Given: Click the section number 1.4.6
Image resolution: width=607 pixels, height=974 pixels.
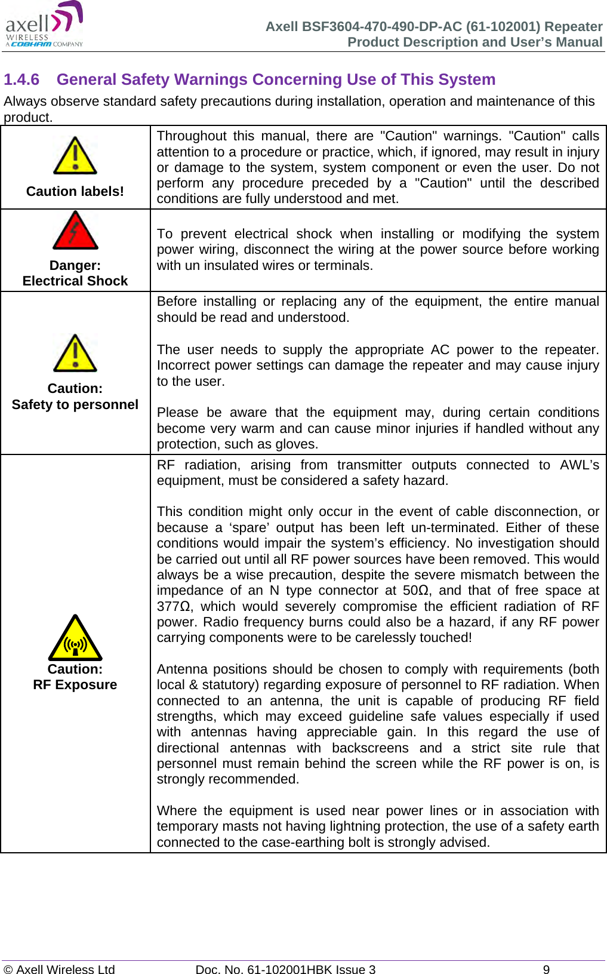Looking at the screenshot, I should (x=21, y=79).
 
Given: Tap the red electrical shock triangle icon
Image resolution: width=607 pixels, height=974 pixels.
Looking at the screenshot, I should (x=75, y=231).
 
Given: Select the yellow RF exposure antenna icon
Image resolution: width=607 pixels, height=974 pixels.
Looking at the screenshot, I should (x=75, y=638).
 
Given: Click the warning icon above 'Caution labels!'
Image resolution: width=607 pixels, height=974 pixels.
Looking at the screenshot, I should (x=75, y=156).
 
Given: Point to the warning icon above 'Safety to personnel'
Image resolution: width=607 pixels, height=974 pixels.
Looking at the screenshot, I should (x=75, y=354).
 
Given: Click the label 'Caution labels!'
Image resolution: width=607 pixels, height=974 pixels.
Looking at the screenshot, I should (x=75, y=191).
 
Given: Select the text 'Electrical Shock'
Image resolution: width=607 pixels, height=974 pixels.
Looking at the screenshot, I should (x=75, y=281).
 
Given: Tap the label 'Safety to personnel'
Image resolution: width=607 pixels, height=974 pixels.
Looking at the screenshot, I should (x=75, y=404).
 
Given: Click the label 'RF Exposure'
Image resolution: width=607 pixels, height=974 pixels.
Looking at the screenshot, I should (x=75, y=684).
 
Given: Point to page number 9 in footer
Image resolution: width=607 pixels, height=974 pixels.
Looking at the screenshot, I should (x=546, y=969).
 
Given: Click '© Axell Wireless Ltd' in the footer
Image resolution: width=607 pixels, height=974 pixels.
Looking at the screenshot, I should (x=59, y=969).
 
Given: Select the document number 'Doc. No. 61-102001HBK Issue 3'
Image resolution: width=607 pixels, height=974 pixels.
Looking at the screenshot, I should (x=285, y=969).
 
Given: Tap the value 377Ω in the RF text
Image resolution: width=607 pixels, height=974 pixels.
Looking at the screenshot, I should (x=173, y=606).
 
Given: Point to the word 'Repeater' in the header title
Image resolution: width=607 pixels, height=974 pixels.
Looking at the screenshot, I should (x=573, y=26).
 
